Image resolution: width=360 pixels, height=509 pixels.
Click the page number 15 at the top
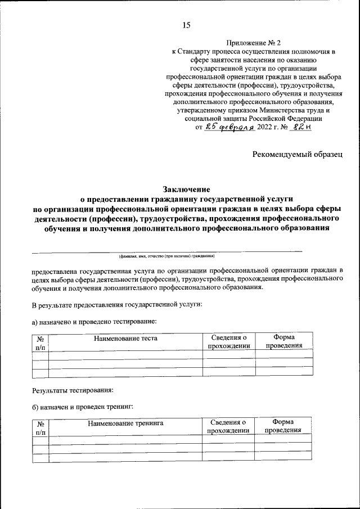click(187, 24)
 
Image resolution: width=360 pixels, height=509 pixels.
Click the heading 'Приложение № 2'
click(253, 42)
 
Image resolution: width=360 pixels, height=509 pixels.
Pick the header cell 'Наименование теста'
click(125, 339)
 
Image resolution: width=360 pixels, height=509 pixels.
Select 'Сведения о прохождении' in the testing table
click(228, 341)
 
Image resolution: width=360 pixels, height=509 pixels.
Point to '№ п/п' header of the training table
click(40, 428)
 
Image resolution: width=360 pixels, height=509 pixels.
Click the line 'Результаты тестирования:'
click(73, 389)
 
